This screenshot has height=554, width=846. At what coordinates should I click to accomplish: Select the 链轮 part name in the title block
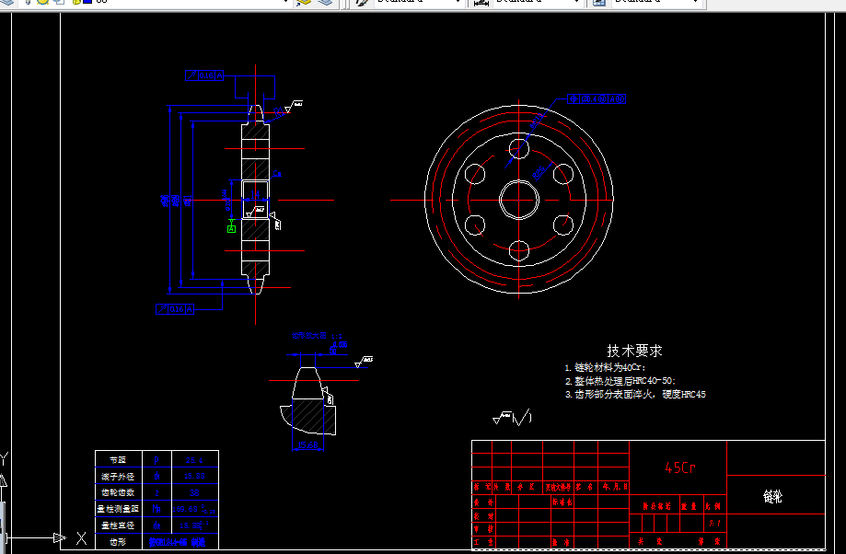point(772,497)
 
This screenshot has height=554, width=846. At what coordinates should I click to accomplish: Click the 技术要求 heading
point(634,351)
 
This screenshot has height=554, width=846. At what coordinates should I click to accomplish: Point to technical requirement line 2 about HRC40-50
point(620,380)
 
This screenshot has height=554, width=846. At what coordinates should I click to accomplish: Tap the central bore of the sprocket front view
point(518,199)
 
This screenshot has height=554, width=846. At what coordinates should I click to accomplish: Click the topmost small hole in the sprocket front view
point(518,147)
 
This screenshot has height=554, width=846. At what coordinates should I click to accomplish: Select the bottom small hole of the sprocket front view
point(518,249)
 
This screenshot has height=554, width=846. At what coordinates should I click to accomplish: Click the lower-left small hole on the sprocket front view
point(475,224)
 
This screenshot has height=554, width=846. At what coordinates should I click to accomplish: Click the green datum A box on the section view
point(232,228)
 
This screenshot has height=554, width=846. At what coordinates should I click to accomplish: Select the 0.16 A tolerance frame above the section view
point(204,75)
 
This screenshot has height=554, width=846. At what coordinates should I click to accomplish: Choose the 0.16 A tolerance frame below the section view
point(175,309)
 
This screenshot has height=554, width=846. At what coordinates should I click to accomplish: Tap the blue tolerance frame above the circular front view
point(597,98)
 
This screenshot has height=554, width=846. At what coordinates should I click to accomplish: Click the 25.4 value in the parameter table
point(194,459)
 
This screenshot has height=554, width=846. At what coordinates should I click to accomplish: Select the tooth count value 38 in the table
point(194,492)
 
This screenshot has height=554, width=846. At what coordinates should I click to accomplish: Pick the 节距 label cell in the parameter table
point(117,459)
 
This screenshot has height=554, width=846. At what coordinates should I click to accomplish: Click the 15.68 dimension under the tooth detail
point(308,445)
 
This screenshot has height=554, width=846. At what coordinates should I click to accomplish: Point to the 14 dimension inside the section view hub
point(276,173)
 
